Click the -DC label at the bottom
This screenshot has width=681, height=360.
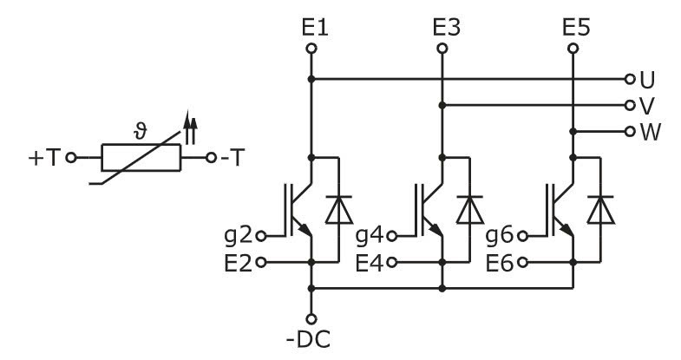pos(311,337)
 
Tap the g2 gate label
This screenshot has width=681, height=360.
pos(236,235)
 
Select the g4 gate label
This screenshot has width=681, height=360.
pos(367,235)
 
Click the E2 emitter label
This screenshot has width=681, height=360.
pos(236,261)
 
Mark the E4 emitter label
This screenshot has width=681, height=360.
pos(367,261)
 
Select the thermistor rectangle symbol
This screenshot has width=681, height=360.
pos(141,159)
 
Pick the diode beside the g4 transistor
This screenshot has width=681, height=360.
pos(469,209)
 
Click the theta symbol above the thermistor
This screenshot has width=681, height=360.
pos(141,130)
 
